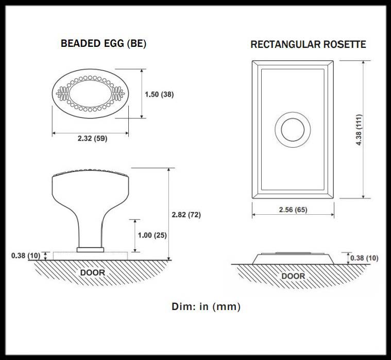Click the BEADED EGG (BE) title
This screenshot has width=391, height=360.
(103, 43)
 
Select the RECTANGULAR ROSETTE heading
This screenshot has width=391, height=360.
(308, 44)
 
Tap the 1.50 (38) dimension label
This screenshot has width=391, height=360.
(159, 94)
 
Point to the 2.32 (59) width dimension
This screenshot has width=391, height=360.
(93, 139)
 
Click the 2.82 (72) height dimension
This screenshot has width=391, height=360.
(186, 215)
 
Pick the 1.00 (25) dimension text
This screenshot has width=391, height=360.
(152, 235)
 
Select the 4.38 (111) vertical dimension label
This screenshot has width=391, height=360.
(359, 130)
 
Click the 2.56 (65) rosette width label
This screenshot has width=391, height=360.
(293, 210)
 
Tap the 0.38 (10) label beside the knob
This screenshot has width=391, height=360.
(26, 255)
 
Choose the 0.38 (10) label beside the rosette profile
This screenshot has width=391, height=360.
(364, 258)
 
